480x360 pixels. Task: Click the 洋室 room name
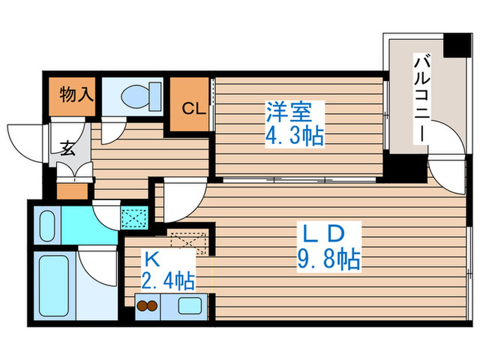click(288, 110)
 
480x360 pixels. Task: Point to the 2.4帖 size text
click(167, 280)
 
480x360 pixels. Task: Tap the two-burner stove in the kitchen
click(149, 306)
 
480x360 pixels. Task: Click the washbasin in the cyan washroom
click(47, 224)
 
